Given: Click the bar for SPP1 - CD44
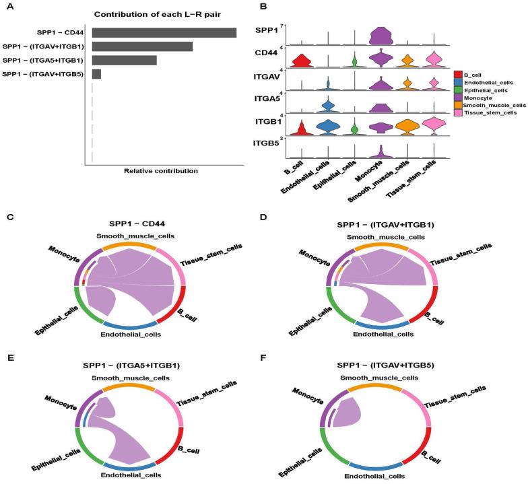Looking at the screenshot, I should [x=164, y=32].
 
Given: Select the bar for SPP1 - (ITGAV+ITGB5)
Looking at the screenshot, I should [x=96, y=73].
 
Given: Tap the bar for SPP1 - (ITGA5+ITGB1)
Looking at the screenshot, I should [x=124, y=60].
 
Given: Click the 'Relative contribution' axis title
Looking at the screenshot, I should [x=161, y=171].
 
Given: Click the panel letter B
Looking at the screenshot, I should [x=263, y=7].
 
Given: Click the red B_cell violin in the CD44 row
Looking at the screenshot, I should [x=301, y=62].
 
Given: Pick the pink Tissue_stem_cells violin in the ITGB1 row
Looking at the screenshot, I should [x=434, y=124].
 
